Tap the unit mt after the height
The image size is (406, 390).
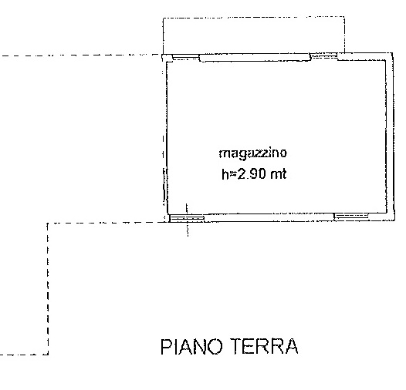278,175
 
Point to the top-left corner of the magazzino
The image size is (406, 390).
166,57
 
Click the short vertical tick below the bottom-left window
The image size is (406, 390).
186,229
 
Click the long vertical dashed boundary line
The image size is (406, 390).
49,288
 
